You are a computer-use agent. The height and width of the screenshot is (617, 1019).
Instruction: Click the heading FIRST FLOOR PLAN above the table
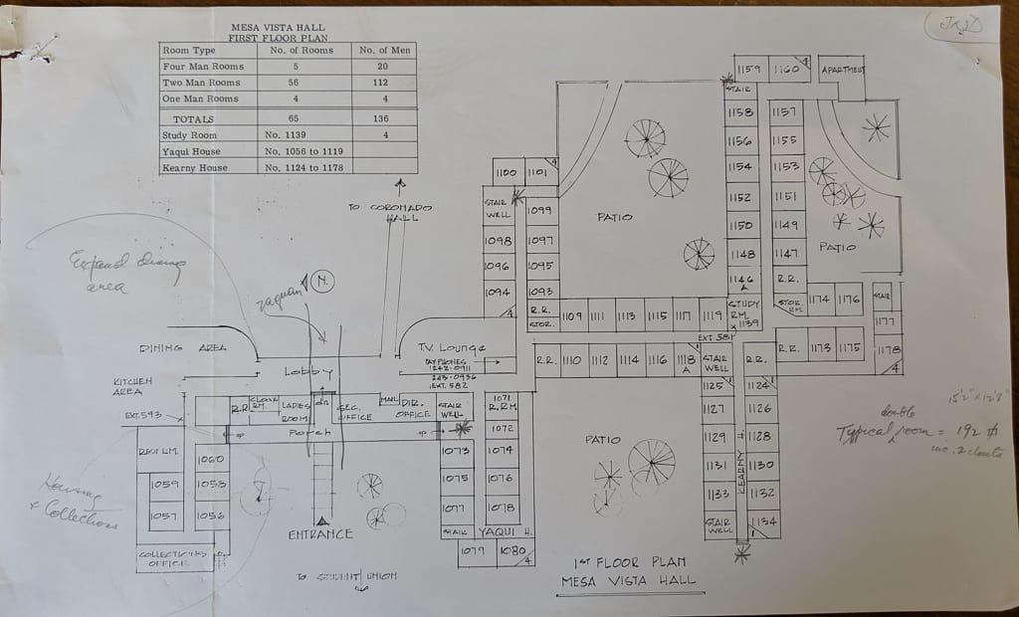coord(277,38)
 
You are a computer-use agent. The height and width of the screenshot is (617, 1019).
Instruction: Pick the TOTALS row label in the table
coord(188,118)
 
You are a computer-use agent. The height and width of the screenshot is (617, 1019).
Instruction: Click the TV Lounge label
coord(451,347)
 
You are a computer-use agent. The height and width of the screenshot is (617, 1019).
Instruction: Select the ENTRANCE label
coord(320,534)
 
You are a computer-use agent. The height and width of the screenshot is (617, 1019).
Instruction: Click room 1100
coord(506,172)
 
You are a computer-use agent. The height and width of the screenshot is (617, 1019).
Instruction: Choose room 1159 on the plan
coord(749,70)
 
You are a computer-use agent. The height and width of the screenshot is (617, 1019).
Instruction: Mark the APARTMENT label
coord(843,70)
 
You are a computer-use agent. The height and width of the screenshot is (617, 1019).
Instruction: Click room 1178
coord(888,349)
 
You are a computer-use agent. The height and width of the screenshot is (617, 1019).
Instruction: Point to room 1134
coord(761,520)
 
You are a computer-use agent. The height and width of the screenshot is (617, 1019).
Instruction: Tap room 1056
coord(211,515)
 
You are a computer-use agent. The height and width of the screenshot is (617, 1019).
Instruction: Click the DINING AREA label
coord(181,347)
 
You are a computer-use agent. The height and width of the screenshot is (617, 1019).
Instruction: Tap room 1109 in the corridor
coord(571,315)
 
